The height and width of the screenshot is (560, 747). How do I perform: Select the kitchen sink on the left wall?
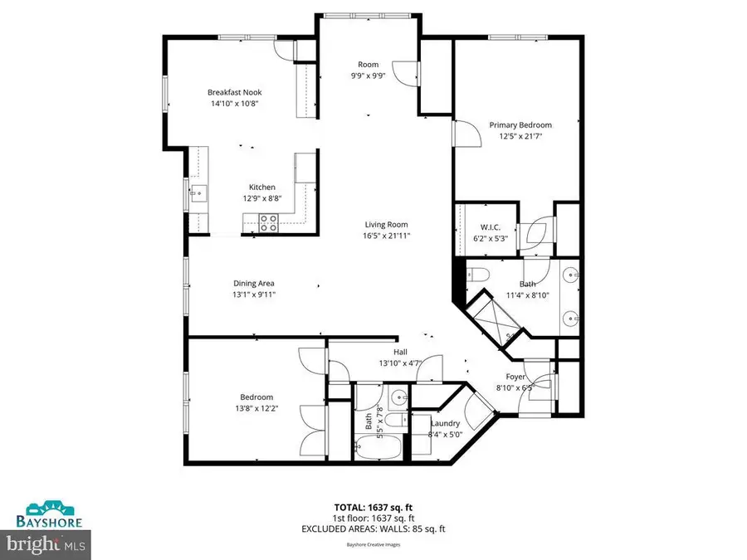tap(199, 196)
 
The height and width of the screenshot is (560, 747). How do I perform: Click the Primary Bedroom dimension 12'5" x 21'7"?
tap(520, 136)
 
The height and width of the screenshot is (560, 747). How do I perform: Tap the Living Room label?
tap(387, 224)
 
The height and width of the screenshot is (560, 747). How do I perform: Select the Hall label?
tap(388, 352)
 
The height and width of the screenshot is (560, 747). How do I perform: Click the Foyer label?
tap(515, 376)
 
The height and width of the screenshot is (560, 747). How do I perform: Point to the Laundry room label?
tap(445, 423)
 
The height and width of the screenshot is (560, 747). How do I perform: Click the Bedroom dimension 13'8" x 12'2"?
tap(256, 408)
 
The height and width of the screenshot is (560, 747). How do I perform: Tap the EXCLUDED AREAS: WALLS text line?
tap(373, 527)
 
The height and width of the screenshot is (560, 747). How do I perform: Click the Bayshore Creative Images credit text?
tap(373, 545)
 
